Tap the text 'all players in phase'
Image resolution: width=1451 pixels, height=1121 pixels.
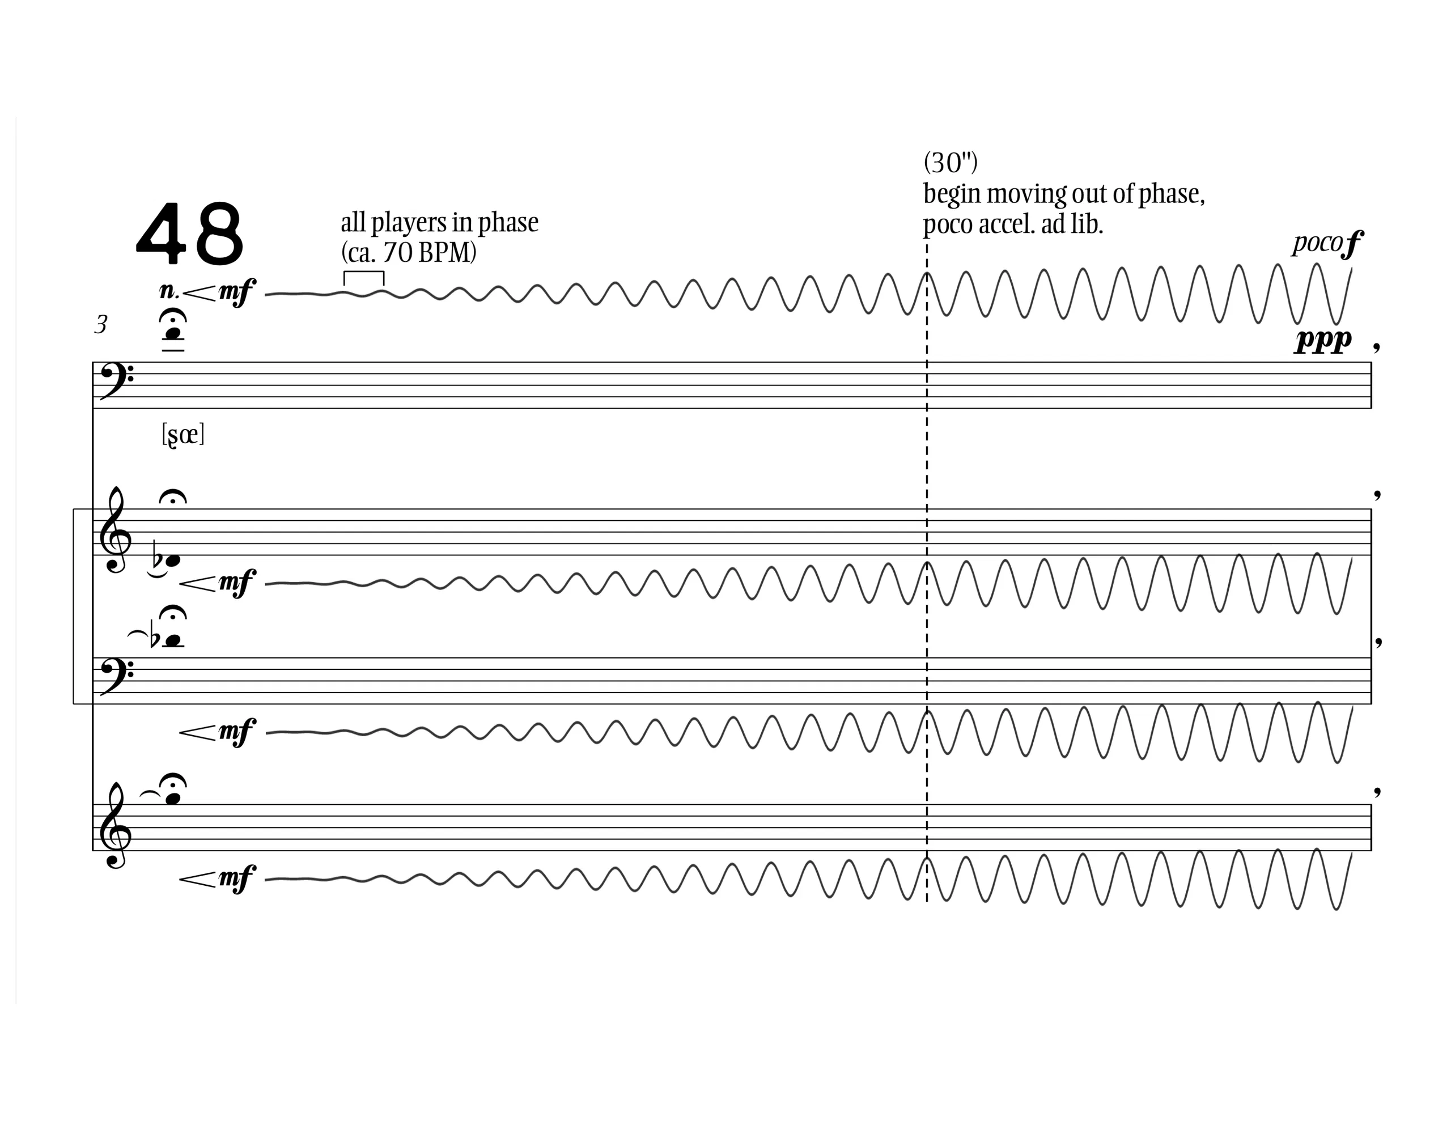439,223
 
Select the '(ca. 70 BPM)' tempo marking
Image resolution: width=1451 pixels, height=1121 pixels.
409,253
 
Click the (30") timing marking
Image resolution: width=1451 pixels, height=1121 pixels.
951,163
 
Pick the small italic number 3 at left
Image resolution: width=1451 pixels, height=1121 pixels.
101,325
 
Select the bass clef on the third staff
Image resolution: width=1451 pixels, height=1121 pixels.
115,678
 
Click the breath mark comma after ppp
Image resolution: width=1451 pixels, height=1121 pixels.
1377,346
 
